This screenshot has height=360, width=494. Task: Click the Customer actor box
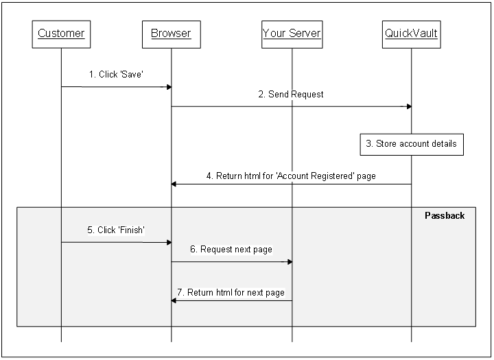coord(61,34)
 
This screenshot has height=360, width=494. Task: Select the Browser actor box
coord(171,34)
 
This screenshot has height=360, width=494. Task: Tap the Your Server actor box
coord(292,34)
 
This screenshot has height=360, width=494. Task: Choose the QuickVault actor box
coord(411,34)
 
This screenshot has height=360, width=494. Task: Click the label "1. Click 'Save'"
coord(116,75)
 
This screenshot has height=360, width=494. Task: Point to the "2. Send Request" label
coord(291,95)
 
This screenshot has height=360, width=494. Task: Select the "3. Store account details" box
coord(412,144)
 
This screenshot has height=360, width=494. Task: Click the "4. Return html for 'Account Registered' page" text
coord(291,176)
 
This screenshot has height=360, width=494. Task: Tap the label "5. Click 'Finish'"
coord(116,230)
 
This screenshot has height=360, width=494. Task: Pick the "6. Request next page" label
coord(231,250)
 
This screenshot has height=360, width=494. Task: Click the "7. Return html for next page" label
coord(231,293)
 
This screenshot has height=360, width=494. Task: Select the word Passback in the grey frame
coord(445,215)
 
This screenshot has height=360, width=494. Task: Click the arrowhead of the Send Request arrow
coord(408,106)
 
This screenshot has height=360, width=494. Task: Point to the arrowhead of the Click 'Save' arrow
coord(168,87)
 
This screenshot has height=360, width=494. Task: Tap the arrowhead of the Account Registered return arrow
coord(174,184)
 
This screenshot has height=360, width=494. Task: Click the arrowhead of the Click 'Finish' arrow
coord(168,242)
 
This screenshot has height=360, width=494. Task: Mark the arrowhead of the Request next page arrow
coord(289,261)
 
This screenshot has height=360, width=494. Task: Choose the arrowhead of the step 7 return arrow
coord(174,300)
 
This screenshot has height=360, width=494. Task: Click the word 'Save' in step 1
coord(131,75)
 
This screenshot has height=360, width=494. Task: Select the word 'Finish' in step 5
coord(131,230)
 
